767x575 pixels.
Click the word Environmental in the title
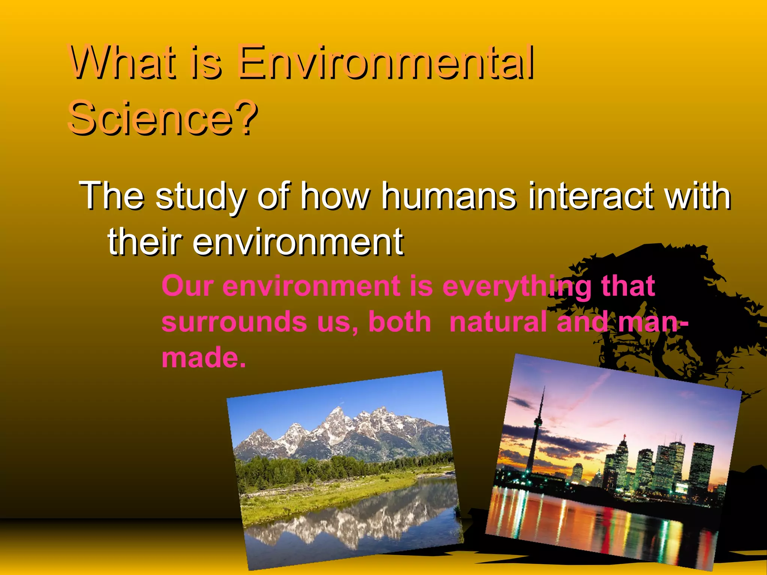click(x=386, y=63)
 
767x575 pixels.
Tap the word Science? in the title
click(x=163, y=118)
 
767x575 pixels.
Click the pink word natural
click(x=498, y=322)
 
